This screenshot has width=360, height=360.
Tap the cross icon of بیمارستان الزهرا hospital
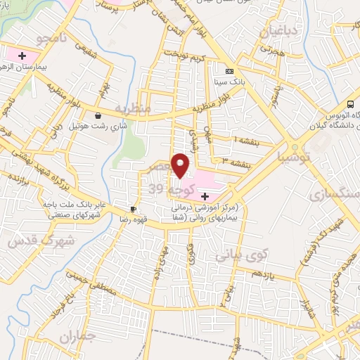tap(22, 55)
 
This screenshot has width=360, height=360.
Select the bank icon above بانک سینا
tap(229, 71)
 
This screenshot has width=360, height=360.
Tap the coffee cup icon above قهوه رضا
tap(132, 210)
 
